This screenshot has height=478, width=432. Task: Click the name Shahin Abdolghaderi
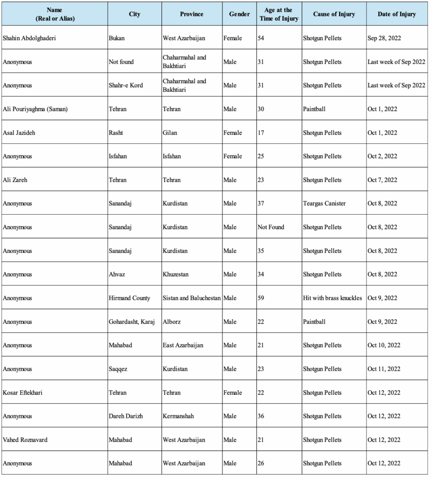point(29,38)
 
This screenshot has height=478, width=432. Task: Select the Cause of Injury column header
point(334,14)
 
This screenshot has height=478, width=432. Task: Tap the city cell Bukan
point(116,38)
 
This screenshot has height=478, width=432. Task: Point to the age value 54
point(261,38)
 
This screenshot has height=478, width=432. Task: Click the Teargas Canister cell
point(324,204)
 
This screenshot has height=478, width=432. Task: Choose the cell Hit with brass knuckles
point(332,298)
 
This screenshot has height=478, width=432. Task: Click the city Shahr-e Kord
point(126,85)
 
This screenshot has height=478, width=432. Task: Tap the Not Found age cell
point(271,227)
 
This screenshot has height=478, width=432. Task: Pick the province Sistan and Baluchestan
point(192,298)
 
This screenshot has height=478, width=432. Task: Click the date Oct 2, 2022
point(382,156)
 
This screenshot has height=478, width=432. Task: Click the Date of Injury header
point(397,14)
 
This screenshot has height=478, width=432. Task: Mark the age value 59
point(261,298)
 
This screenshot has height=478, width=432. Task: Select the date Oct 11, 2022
point(384,369)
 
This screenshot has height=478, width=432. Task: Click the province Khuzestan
point(176,274)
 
